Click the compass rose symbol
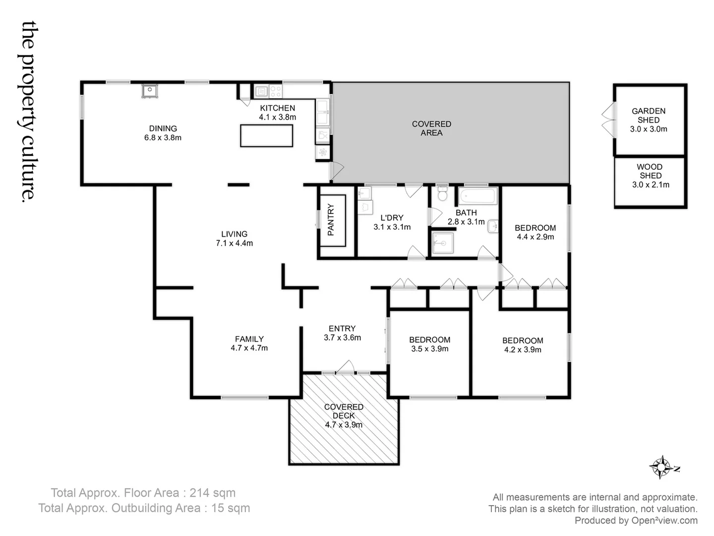[661, 467]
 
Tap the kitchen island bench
[266, 135]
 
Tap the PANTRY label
[331, 220]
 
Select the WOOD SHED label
[650, 171]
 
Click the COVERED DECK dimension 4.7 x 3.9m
[344, 425]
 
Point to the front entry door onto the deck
[345, 368]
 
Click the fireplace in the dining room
[149, 91]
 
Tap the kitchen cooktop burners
[276, 91]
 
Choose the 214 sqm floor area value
[214, 493]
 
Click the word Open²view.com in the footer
[664, 521]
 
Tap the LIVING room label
[234, 234]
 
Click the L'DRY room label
[392, 217]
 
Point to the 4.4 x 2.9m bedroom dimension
[535, 237]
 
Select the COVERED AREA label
[431, 128]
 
